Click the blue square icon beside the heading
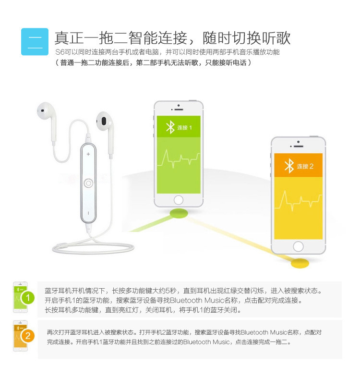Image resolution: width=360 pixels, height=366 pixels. pyautogui.click(x=35, y=42)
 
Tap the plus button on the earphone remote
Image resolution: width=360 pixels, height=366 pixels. pyautogui.click(x=88, y=154)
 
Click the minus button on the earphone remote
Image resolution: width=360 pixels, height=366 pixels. pyautogui.click(x=88, y=213)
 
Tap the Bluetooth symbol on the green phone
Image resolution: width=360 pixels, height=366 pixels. pyautogui.click(x=170, y=127)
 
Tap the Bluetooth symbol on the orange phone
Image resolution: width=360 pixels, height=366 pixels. pyautogui.click(x=289, y=166)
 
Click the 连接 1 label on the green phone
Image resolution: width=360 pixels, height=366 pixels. pyautogui.click(x=184, y=127)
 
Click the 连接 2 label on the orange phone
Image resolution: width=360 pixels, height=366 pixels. pyautogui.click(x=305, y=166)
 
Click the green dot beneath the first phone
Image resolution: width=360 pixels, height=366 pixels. pyautogui.click(x=179, y=213)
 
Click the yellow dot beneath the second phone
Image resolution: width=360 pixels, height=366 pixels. pyautogui.click(x=300, y=263)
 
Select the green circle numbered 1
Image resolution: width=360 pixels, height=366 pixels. pyautogui.click(x=28, y=298)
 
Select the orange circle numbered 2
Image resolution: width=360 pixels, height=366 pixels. pyautogui.click(x=28, y=336)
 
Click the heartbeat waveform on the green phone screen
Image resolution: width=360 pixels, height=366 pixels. pyautogui.click(x=179, y=159)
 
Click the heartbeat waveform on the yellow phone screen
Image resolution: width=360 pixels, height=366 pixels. pyautogui.click(x=299, y=200)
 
